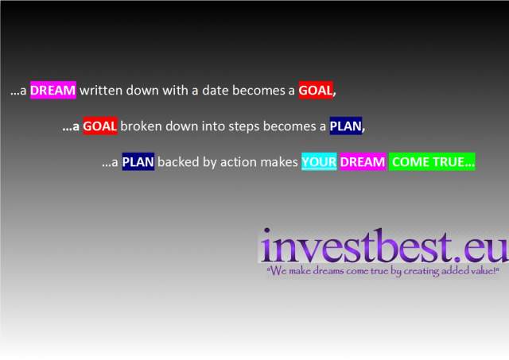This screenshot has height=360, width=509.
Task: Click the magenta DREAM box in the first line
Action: [x=53, y=90]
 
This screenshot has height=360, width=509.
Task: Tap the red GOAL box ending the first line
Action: [x=316, y=90]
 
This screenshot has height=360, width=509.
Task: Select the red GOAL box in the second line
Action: [x=100, y=126]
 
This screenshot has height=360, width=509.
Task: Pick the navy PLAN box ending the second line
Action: [x=346, y=126]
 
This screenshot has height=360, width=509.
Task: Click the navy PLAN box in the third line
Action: [x=138, y=161]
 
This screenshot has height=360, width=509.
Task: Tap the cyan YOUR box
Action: [x=319, y=161]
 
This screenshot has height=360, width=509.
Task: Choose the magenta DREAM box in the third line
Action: [x=363, y=161]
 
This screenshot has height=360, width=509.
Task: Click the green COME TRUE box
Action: [x=432, y=161]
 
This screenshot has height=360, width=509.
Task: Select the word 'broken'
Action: [x=141, y=126]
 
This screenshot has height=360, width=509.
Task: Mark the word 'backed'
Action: [x=178, y=161]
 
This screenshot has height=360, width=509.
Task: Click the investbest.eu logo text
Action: [x=383, y=246]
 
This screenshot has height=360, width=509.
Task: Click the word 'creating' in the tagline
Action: [x=421, y=271]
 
